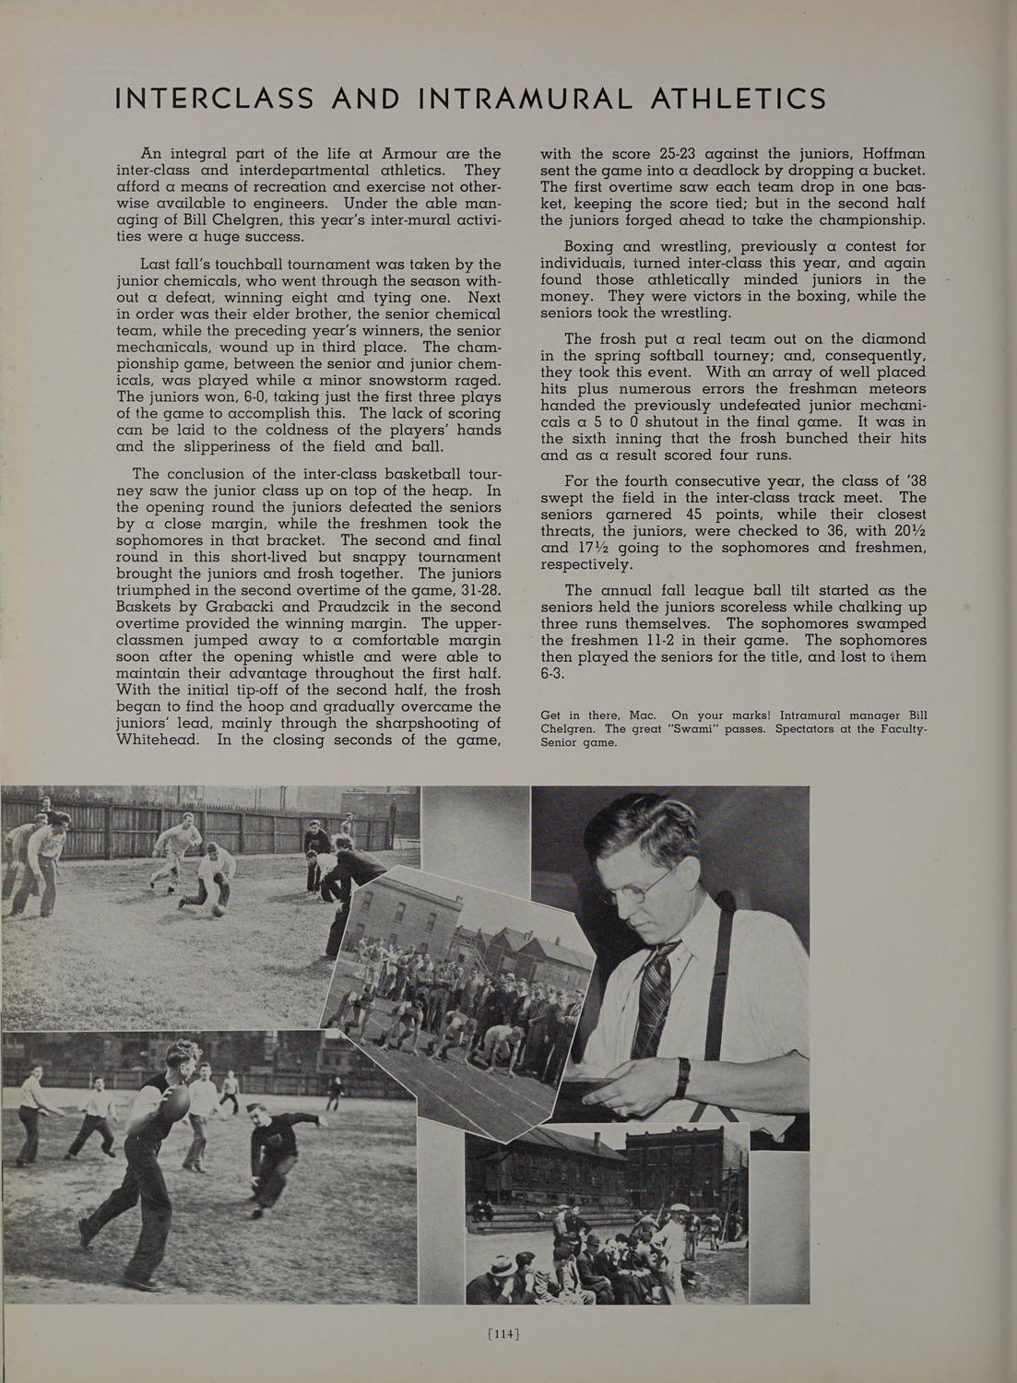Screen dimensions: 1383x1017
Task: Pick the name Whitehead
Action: (x=157, y=739)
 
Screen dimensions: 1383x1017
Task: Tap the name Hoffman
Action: (x=887, y=154)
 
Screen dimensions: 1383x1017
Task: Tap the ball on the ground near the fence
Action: (x=218, y=910)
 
